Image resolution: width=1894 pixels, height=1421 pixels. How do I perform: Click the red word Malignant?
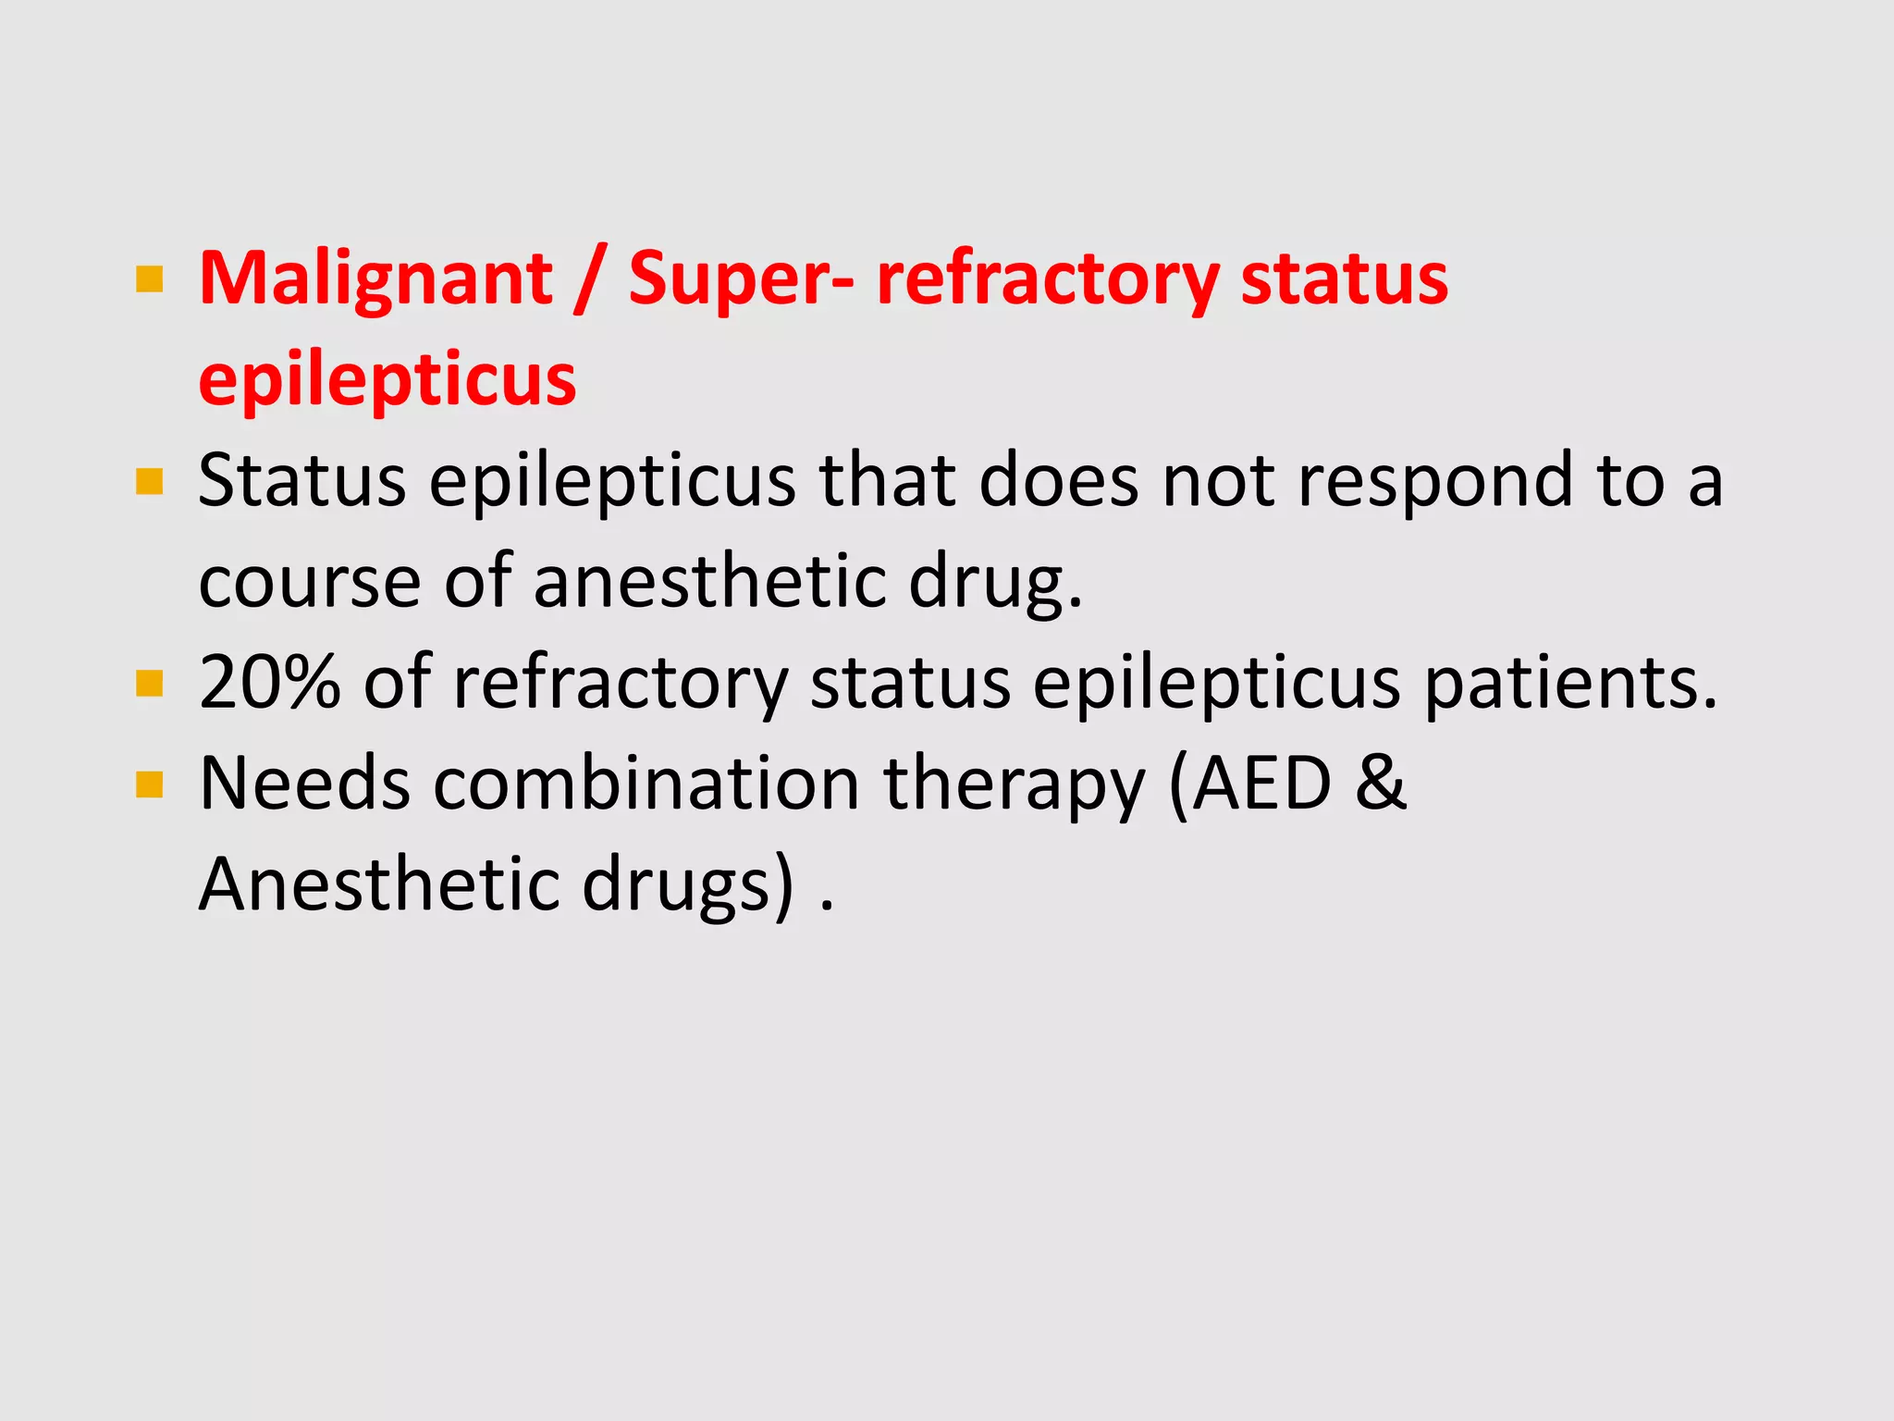click(375, 278)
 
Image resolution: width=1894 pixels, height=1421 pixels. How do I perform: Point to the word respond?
click(1434, 481)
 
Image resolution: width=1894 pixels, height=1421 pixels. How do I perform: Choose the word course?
click(310, 582)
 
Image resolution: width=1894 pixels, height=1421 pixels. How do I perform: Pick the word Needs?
click(304, 784)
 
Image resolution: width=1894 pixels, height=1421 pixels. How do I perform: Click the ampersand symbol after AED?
click(1381, 784)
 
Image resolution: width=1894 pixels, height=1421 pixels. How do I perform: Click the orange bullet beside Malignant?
click(149, 279)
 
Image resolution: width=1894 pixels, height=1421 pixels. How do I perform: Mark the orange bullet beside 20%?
click(149, 684)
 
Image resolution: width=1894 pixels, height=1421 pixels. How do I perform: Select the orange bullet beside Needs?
click(149, 785)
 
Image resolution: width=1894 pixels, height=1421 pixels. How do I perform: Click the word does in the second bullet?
click(1059, 481)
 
